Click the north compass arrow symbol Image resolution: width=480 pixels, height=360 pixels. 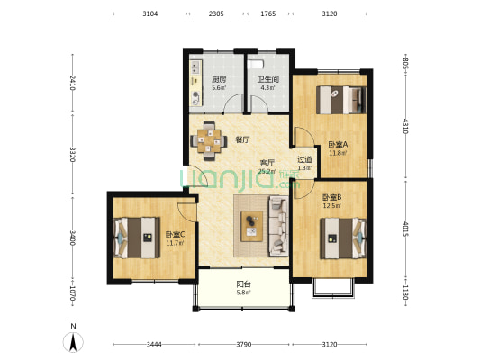tap(73, 342)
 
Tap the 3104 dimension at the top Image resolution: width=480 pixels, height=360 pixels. tap(150, 13)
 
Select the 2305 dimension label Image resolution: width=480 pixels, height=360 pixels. tap(216, 13)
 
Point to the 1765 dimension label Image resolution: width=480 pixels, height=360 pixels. tap(267, 13)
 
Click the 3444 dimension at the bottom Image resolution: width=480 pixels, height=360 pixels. tap(154, 345)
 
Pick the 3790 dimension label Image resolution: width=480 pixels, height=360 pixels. tap(244, 345)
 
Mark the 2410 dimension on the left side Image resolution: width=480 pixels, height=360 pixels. tap(73, 83)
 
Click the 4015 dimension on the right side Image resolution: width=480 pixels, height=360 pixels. tap(405, 229)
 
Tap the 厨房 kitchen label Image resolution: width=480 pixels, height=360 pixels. tap(219, 79)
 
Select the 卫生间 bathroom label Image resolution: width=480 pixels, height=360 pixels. tap(267, 79)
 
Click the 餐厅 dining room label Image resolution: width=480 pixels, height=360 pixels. tap(242, 139)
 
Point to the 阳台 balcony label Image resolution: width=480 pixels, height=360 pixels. tap(244, 284)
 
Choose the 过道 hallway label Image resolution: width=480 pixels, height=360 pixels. tap(304, 159)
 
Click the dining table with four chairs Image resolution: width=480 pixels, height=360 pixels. tap(209, 141)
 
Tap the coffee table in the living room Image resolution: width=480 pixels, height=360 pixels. tap(251, 226)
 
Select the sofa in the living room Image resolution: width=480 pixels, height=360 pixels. tap(278, 226)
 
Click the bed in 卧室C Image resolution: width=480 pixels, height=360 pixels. tap(137, 238)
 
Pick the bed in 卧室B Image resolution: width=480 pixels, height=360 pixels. tap(343, 238)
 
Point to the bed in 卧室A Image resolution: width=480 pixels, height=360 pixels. tap(341, 100)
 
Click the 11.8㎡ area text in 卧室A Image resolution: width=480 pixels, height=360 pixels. tap(338, 153)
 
